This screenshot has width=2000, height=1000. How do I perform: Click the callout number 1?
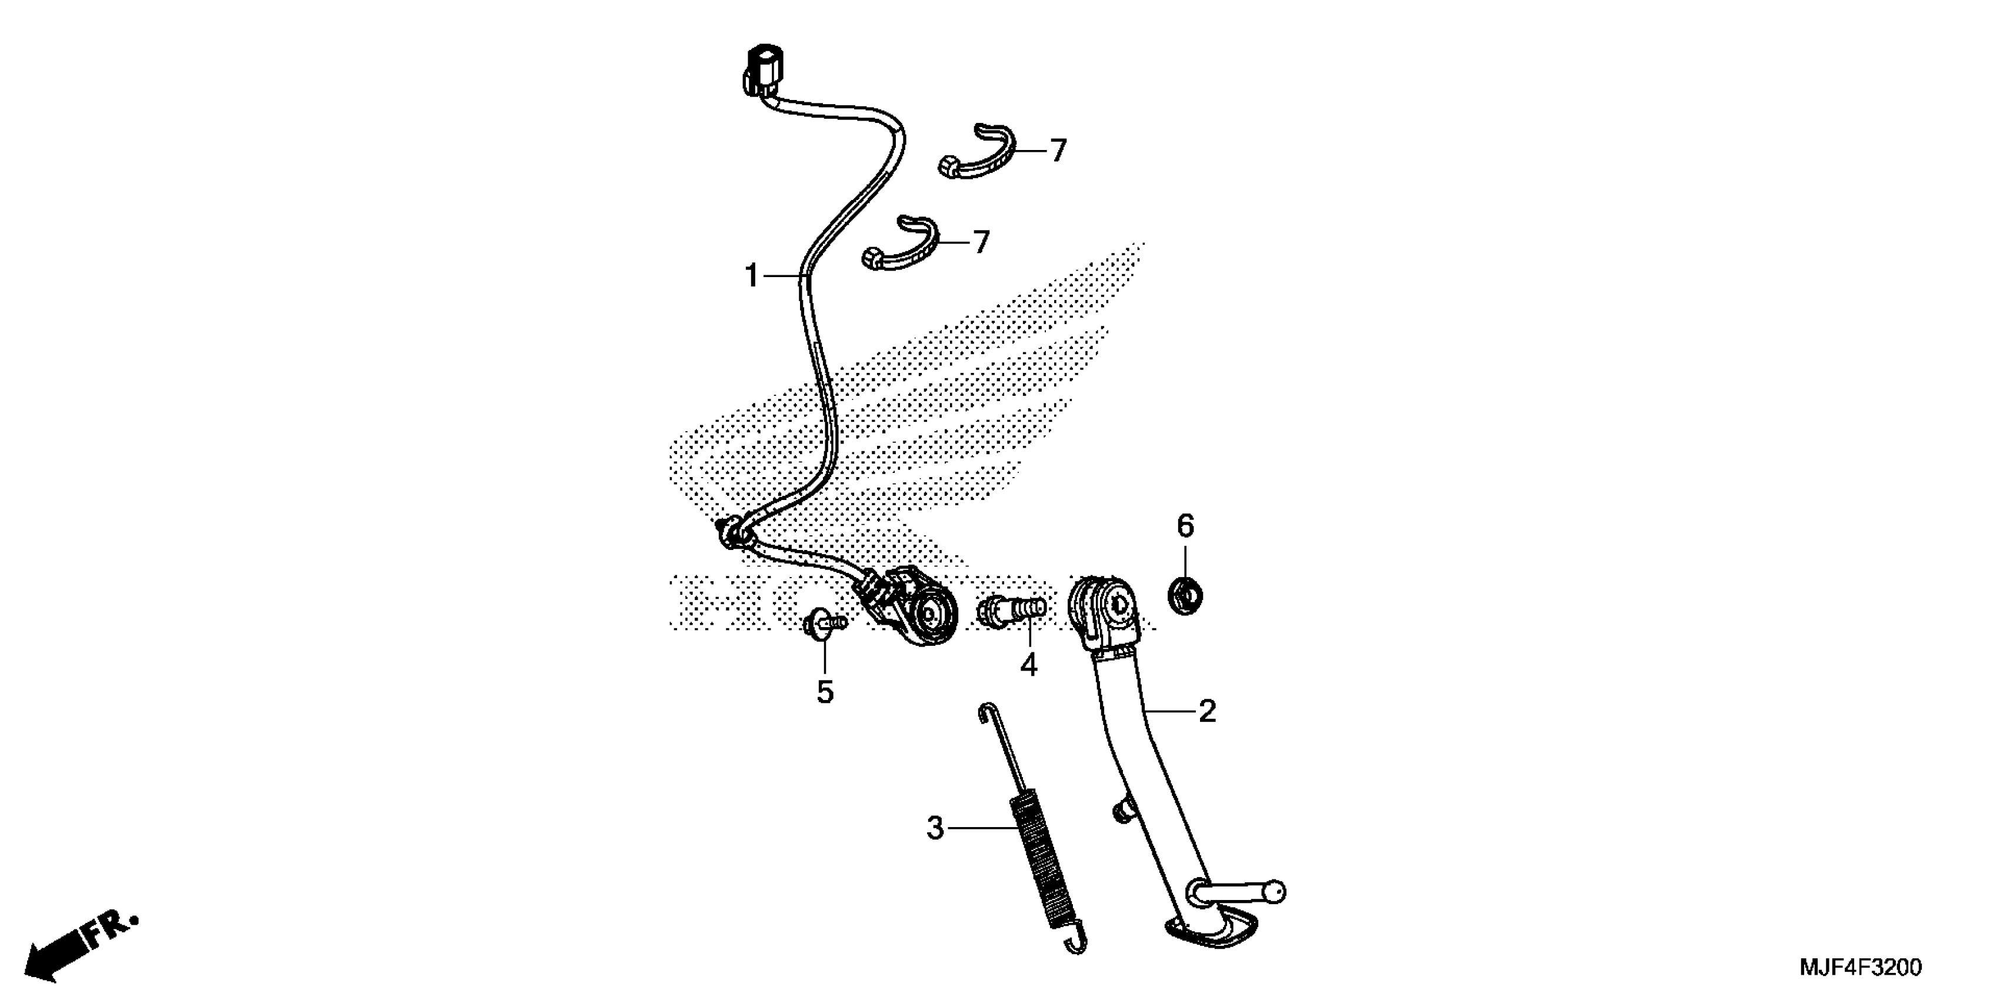pyautogui.click(x=751, y=276)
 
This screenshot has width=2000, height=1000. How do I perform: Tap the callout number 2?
pyautogui.click(x=1206, y=711)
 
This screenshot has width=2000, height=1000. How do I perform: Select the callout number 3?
pyautogui.click(x=935, y=828)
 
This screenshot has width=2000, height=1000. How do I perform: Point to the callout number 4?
pyautogui.click(x=1029, y=665)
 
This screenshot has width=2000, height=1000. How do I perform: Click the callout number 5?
pyautogui.click(x=825, y=691)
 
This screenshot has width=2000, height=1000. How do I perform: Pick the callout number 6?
pyautogui.click(x=1185, y=526)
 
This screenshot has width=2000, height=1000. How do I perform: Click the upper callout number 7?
pyautogui.click(x=1058, y=151)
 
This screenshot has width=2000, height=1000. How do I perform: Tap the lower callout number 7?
pyautogui.click(x=981, y=242)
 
